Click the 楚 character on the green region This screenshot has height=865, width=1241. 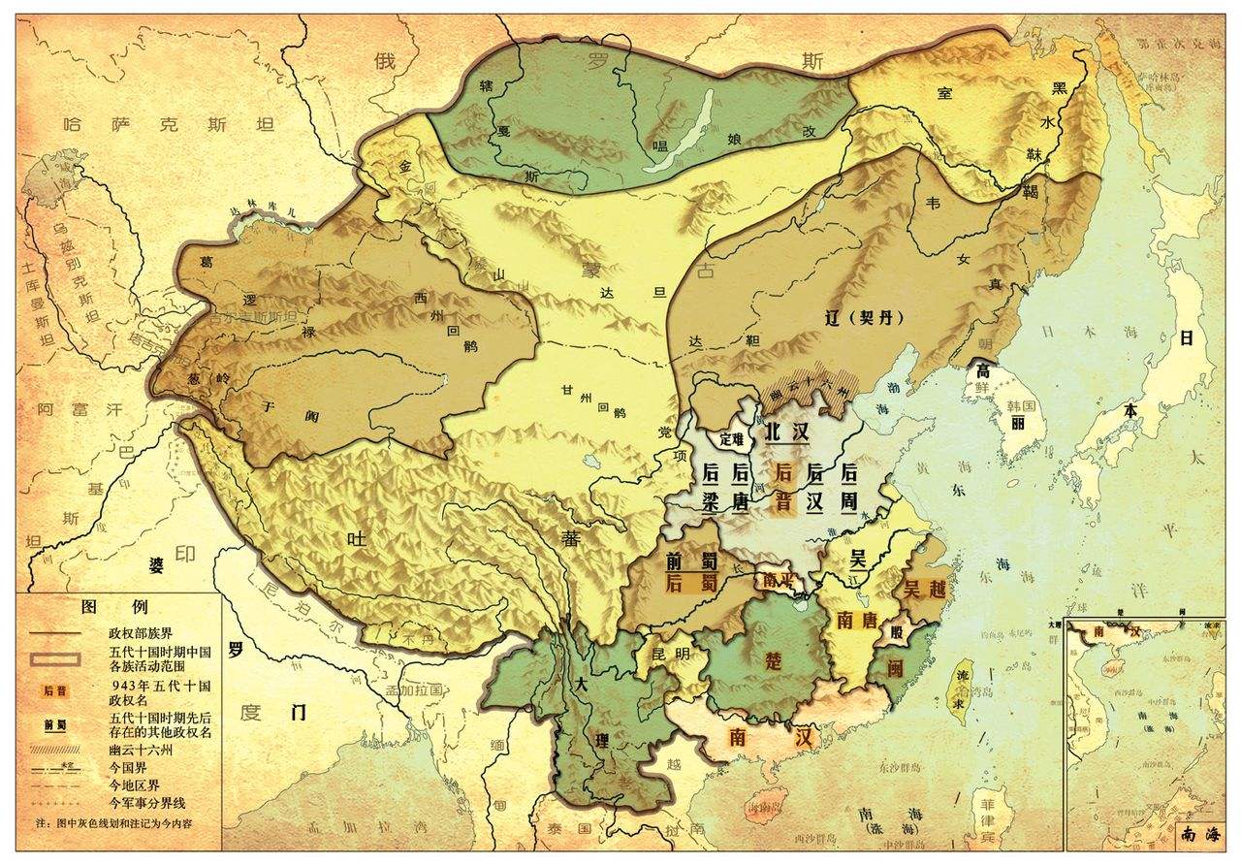(x=773, y=660)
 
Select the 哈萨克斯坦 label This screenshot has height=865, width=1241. (x=167, y=124)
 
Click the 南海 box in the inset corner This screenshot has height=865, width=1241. (x=1198, y=833)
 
